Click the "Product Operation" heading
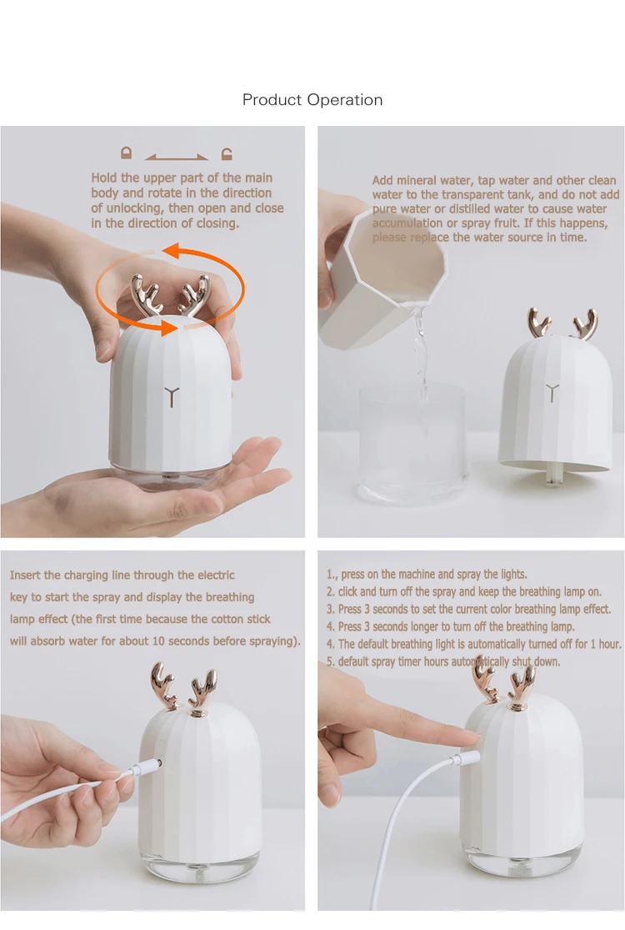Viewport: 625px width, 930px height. [x=312, y=99]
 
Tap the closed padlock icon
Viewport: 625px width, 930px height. [x=126, y=153]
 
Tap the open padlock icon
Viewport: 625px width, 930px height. [x=227, y=153]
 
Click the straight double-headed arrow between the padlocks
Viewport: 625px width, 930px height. [x=176, y=157]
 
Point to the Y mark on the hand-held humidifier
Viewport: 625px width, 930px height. [x=171, y=395]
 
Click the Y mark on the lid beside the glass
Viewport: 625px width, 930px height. [x=552, y=391]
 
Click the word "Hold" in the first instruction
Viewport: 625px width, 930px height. [x=105, y=178]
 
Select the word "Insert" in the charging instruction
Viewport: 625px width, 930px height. [x=26, y=575]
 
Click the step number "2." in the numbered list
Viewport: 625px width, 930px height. [x=331, y=592]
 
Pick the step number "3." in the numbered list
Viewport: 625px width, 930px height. [x=331, y=609]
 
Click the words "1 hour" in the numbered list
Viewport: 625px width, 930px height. [x=605, y=644]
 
